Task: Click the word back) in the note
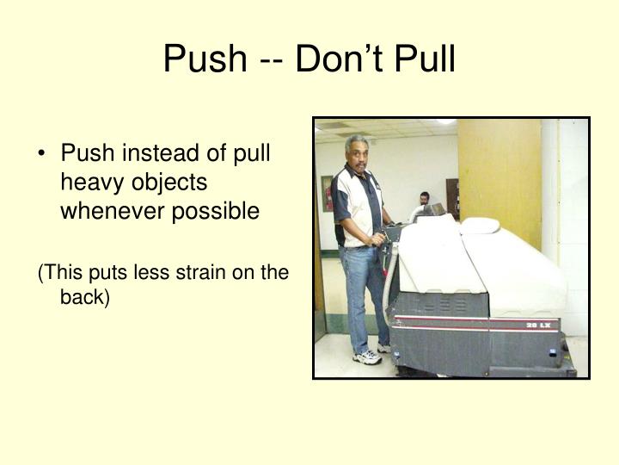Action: point(84,297)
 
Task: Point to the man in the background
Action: point(425,200)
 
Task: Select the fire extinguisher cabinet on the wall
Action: point(327,193)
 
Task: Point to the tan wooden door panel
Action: point(499,172)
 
